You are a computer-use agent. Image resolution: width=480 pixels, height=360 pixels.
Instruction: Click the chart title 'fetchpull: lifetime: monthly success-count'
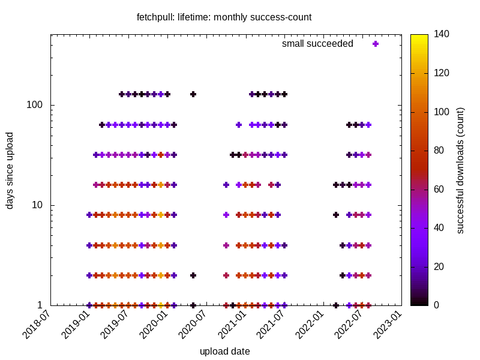[x=224, y=17]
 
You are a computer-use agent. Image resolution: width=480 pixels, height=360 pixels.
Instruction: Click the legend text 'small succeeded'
[x=317, y=44]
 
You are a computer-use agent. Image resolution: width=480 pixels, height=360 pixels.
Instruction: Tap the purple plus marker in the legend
[x=376, y=44]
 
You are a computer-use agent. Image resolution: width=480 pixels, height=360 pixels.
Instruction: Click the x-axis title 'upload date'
[x=224, y=351]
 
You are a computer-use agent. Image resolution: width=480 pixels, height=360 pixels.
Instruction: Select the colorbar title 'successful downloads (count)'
[x=460, y=170]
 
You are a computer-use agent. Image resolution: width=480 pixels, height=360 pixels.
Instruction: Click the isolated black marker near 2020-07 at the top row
[x=193, y=94]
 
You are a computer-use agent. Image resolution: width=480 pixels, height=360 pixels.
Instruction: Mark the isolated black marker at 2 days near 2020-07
[x=193, y=275]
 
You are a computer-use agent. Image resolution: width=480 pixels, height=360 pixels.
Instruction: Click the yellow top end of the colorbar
[x=419, y=37]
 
